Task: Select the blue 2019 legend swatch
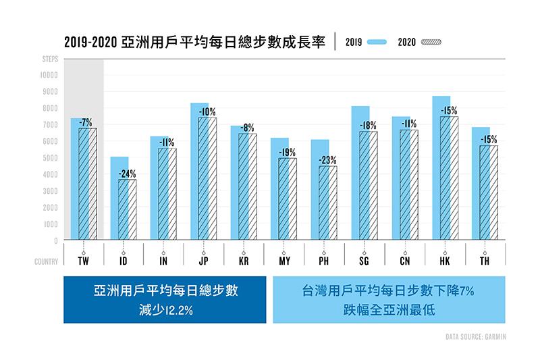[378, 42]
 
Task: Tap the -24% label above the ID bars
[127, 173]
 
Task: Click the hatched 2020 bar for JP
[207, 178]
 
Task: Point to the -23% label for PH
[327, 160]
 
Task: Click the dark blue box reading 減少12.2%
[165, 299]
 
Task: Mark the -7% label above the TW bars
[86, 122]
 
